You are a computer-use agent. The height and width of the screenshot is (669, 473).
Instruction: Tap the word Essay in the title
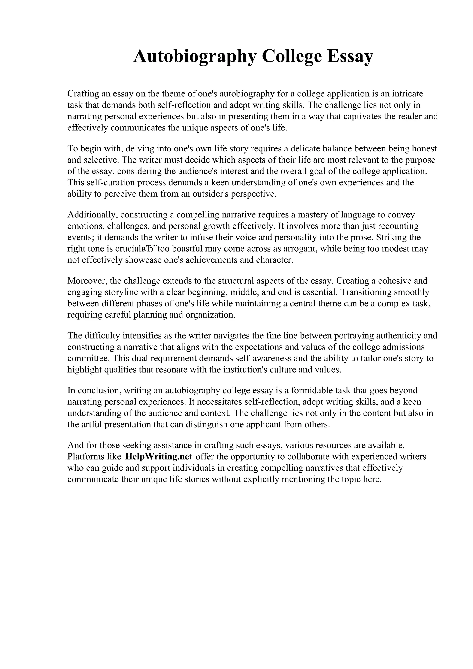click(349, 56)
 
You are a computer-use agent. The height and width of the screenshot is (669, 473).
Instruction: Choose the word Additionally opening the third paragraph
click(92, 215)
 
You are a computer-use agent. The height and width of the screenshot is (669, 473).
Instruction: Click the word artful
click(90, 425)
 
